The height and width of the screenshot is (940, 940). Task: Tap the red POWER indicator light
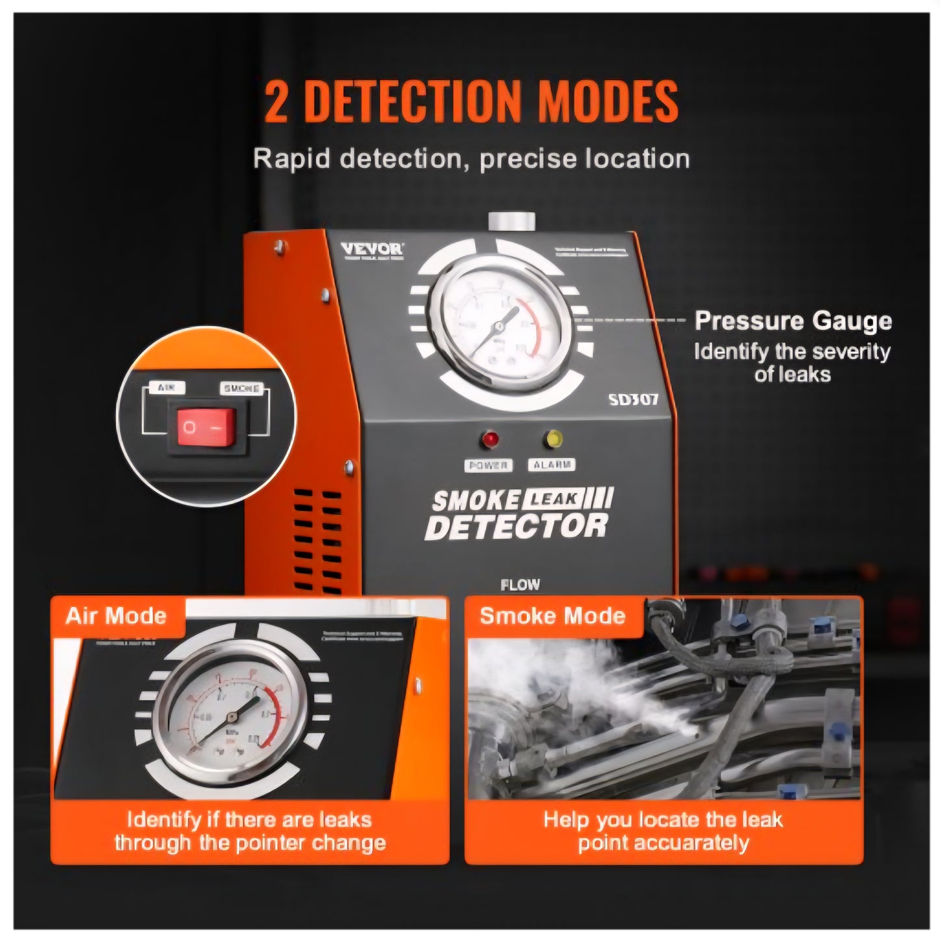coord(489,439)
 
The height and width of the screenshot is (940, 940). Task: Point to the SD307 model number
coord(633,399)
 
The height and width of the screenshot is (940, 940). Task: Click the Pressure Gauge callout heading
coord(792,321)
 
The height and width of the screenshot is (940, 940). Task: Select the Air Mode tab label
coord(116,615)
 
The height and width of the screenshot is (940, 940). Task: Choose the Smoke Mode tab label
coord(552,615)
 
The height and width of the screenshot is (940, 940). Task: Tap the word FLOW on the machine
coord(520,585)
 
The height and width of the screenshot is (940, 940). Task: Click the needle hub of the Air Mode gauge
coord(230,716)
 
